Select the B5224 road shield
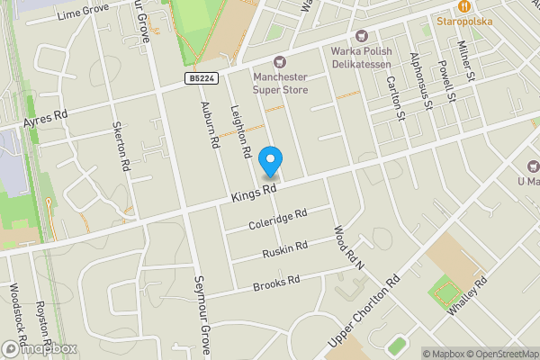pos(202,80)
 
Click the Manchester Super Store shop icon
pos(280,62)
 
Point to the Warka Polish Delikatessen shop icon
pos(362,36)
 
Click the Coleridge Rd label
pos(280,219)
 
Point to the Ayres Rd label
pos(47,118)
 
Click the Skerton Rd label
pos(121,146)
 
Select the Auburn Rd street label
pos(210,125)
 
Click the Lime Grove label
pos(82,13)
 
